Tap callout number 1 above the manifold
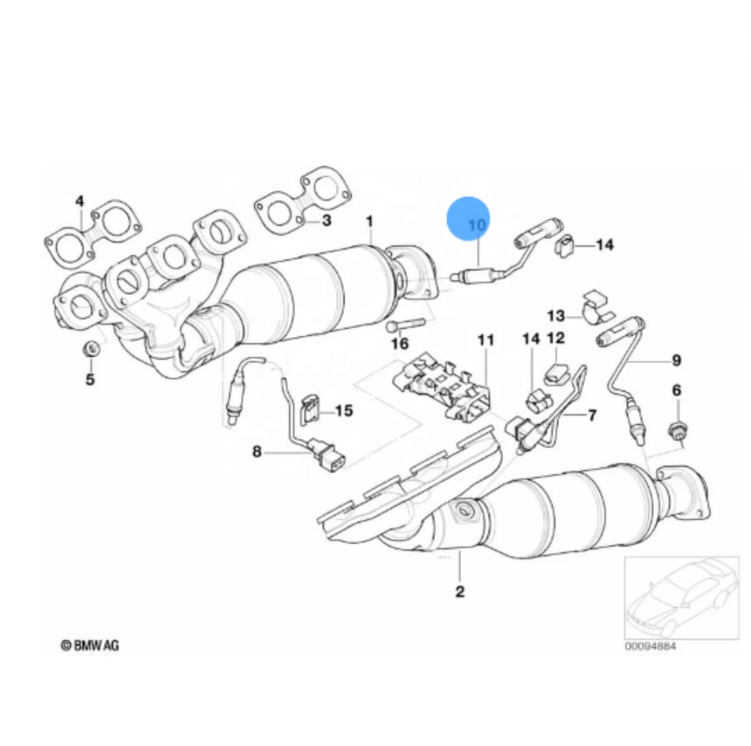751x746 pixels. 370,222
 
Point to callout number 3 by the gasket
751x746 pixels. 327,221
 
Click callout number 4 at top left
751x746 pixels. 80,202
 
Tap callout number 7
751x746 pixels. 591,415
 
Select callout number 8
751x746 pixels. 256,452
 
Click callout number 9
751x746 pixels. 676,360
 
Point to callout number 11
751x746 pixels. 486,340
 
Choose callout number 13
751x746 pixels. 556,316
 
